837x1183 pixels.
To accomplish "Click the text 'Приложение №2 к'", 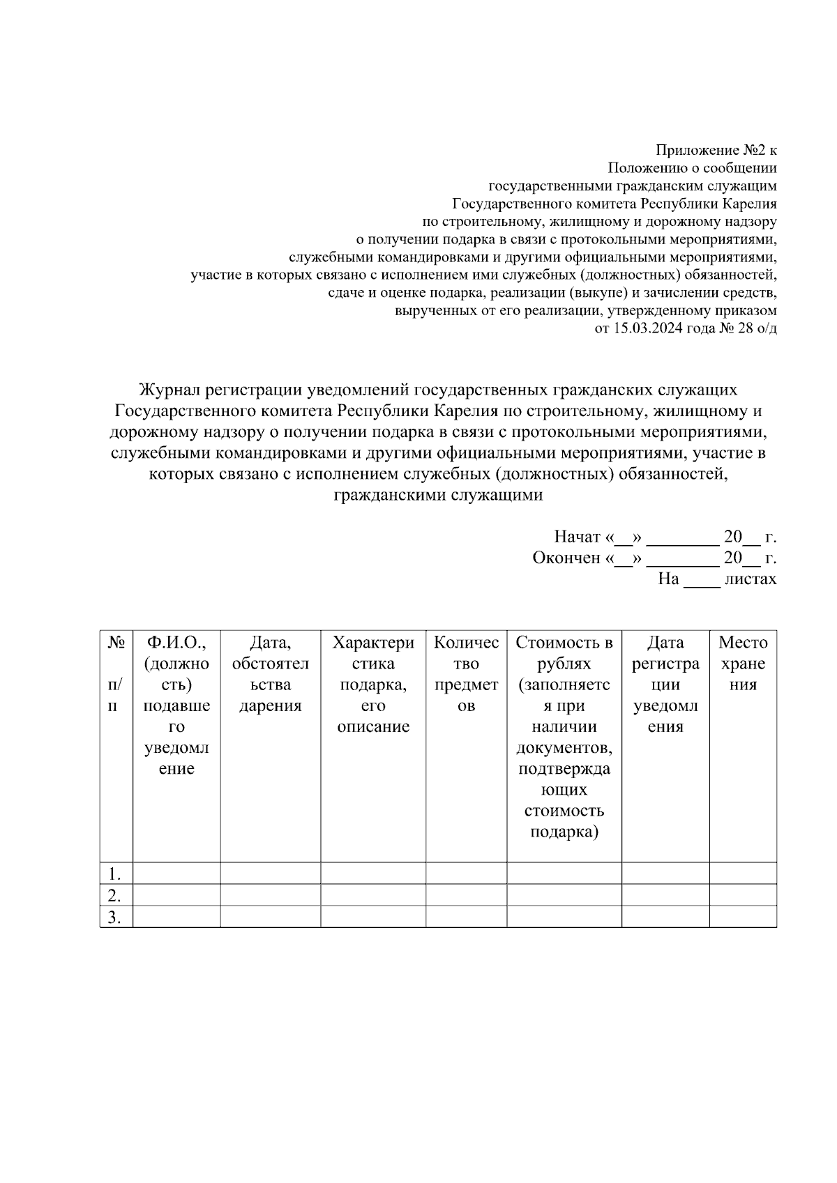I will click(716, 150).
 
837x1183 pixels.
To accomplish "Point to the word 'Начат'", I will click(577, 537).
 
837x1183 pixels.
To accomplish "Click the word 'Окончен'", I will click(566, 558).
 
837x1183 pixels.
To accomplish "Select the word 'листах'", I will click(751, 579).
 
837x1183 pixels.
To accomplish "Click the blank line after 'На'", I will click(701, 580).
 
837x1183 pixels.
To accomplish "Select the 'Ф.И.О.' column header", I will click(176, 705).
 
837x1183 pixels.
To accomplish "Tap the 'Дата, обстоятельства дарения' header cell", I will click(271, 674).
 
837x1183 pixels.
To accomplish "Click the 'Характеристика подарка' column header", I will click(373, 684).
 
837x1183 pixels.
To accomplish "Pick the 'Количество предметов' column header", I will click(466, 674).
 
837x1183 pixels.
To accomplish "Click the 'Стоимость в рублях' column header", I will click(564, 736).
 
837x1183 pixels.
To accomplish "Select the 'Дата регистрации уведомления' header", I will click(665, 684).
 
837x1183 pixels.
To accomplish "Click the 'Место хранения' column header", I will click(743, 663).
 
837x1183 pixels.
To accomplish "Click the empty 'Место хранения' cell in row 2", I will click(743, 895).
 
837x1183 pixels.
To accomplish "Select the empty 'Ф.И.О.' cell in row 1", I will click(176, 873).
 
